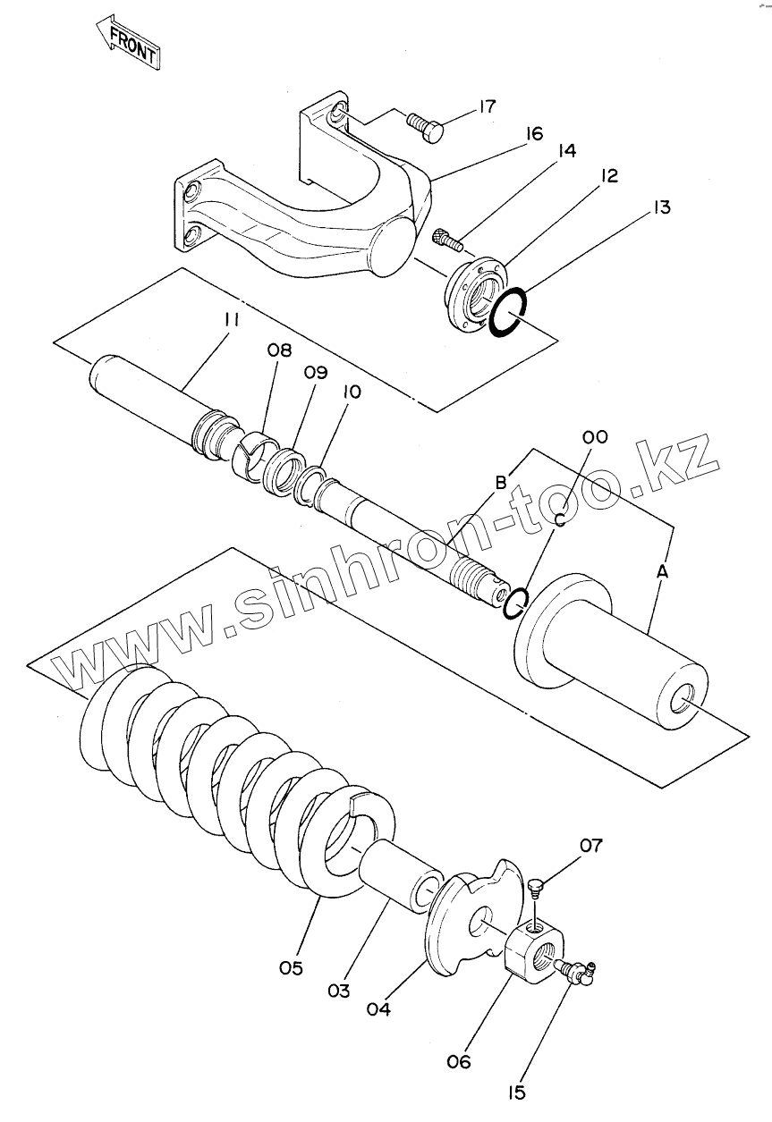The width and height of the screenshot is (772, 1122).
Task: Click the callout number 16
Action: [x=533, y=134]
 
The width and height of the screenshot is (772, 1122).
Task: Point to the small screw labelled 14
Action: [x=445, y=239]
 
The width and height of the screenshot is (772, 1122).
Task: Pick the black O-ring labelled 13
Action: [x=508, y=312]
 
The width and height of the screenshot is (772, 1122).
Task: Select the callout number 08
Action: [x=279, y=351]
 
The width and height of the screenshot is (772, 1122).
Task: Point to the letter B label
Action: [x=501, y=482]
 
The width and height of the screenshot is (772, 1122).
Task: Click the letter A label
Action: [x=663, y=570]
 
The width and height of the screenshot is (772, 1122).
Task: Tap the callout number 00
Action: [x=595, y=437]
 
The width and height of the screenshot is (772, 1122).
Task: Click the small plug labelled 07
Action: [x=536, y=887]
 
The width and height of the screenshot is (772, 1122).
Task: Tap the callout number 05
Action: [x=292, y=967]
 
